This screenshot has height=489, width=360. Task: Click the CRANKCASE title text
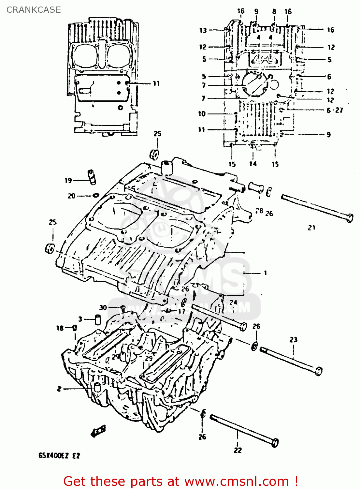point(34,10)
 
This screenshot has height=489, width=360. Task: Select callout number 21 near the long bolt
point(311,228)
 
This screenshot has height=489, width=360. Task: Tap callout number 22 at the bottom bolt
point(238,450)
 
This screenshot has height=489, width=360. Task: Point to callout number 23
point(293,340)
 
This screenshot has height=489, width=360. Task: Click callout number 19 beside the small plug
point(68,180)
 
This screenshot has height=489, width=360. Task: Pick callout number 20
point(71,196)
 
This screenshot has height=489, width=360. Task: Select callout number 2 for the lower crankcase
point(59,389)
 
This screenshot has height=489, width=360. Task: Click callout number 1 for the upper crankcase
point(265,273)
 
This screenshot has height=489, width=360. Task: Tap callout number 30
point(103,307)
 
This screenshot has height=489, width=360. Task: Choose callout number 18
point(60,328)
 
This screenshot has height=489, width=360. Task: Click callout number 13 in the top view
point(203,30)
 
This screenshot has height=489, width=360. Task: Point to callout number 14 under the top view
point(253,164)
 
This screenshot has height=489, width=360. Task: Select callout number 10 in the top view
point(202,114)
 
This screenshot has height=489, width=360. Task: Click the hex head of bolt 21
point(349,217)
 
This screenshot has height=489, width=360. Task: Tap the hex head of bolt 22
point(275,442)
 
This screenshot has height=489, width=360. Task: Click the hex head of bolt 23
point(319,371)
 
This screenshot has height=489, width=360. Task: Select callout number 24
point(233,302)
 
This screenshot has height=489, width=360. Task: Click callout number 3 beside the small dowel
point(80,319)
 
